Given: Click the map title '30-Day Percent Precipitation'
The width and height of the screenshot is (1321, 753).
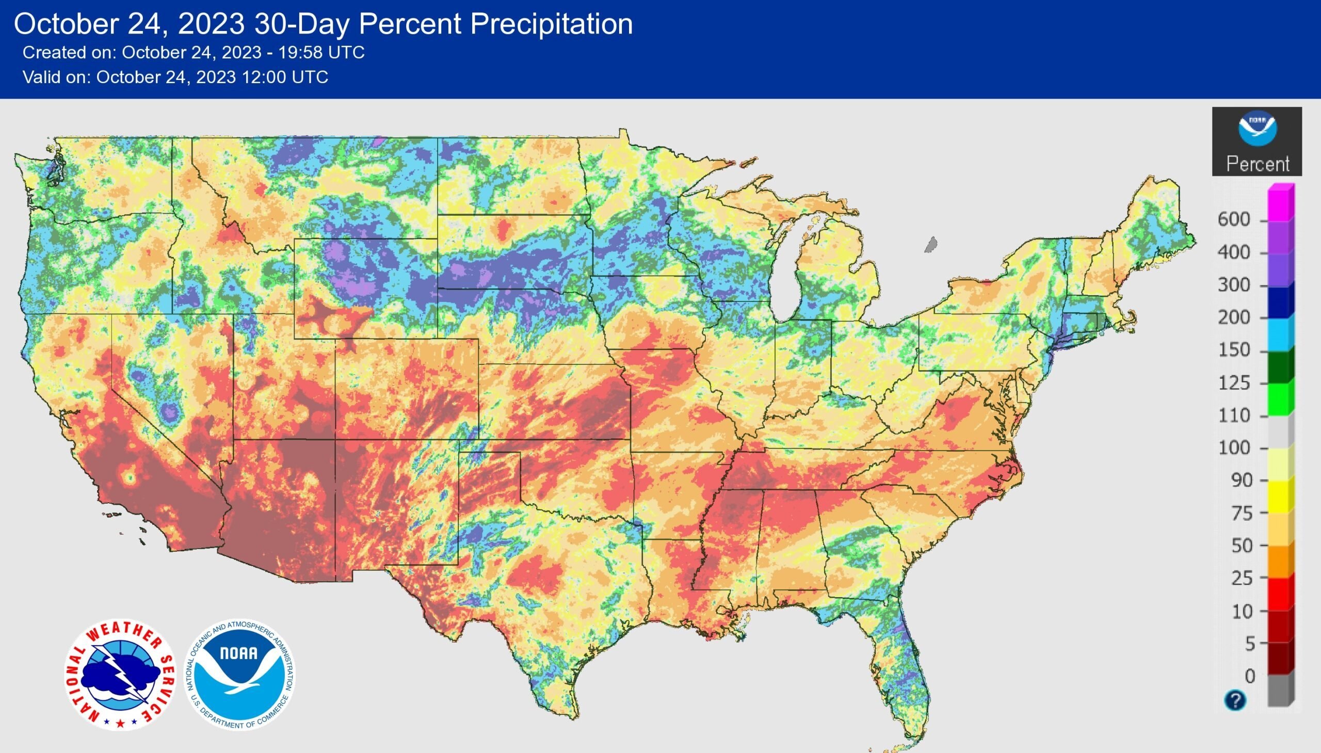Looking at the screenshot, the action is click(x=443, y=24).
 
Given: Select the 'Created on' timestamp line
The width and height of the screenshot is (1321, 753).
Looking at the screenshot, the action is click(x=194, y=53).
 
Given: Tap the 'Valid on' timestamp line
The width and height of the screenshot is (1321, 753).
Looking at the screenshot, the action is click(x=175, y=77).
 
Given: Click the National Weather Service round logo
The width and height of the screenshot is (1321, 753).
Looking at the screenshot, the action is click(x=120, y=675).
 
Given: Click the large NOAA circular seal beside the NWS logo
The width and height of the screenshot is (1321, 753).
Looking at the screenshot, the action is click(x=240, y=675).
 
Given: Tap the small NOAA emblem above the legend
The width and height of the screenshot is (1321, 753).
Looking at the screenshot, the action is click(x=1258, y=129).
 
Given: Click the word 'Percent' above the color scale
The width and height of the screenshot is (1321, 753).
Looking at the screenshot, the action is click(x=1258, y=164).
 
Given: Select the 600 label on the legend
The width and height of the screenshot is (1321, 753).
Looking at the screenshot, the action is click(x=1234, y=219).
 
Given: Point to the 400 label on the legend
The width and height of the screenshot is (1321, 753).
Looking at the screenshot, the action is click(x=1234, y=252).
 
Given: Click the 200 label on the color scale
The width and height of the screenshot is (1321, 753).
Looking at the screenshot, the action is click(x=1234, y=317).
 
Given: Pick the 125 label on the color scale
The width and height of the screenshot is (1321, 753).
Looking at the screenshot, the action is click(x=1234, y=383).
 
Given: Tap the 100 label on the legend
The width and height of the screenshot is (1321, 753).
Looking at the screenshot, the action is click(x=1234, y=447).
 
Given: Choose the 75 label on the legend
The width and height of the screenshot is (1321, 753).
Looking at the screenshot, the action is click(x=1242, y=513).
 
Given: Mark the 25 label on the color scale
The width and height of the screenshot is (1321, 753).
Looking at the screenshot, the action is click(x=1242, y=578).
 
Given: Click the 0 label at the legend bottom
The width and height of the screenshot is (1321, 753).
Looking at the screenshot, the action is click(x=1250, y=676).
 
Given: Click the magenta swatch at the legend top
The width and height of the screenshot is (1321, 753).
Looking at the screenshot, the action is click(x=1281, y=203).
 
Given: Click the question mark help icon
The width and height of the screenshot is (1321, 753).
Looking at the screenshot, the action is click(x=1235, y=701).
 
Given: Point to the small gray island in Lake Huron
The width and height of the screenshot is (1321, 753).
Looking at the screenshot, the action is click(x=931, y=244).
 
